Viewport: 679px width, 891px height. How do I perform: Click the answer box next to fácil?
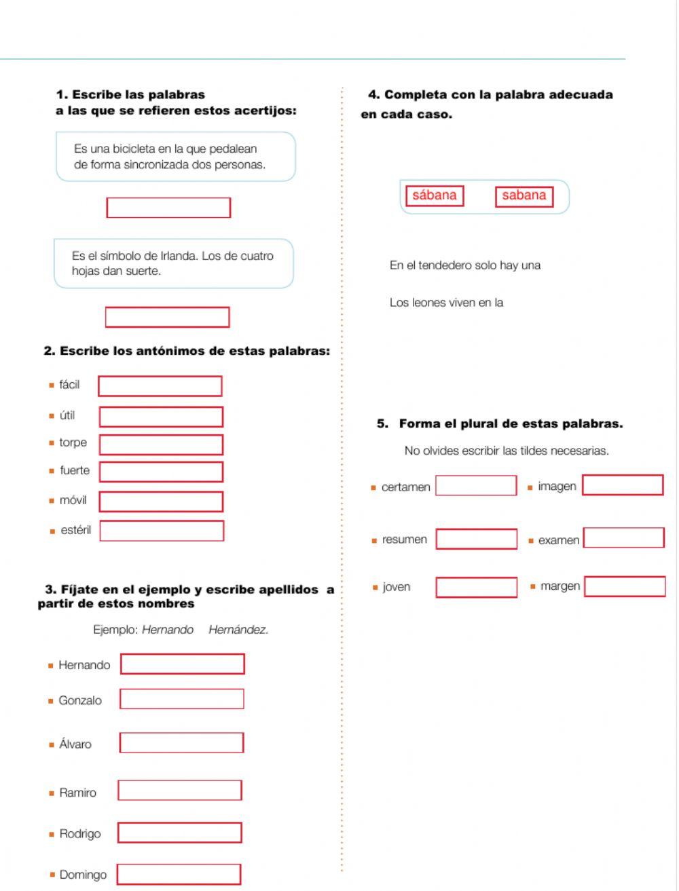tap(160, 386)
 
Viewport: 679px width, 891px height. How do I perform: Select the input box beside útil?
tap(161, 417)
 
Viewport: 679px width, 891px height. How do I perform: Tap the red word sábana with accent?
tap(435, 195)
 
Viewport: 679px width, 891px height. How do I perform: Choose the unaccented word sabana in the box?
tap(524, 195)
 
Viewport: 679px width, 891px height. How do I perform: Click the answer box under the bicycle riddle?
tap(168, 208)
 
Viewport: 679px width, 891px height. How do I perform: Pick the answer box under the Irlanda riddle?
tap(167, 317)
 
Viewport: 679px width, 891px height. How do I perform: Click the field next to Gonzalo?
tap(181, 699)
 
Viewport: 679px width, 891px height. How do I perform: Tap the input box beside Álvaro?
tap(181, 742)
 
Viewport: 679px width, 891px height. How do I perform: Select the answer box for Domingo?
tap(179, 874)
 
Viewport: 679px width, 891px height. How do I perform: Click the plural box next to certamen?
tap(476, 485)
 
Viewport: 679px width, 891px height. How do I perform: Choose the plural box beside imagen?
tap(623, 485)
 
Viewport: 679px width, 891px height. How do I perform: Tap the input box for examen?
tap(623, 538)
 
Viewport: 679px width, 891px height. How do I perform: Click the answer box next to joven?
tap(476, 587)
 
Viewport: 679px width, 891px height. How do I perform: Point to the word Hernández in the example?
tap(238, 630)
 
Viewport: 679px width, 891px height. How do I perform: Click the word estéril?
tap(75, 531)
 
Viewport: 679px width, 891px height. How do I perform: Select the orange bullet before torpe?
tap(52, 443)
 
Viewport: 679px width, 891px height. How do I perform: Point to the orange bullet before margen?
tap(533, 586)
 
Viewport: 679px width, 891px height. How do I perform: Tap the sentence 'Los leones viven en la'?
tap(446, 303)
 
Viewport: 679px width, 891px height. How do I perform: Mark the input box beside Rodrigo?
tap(179, 833)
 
